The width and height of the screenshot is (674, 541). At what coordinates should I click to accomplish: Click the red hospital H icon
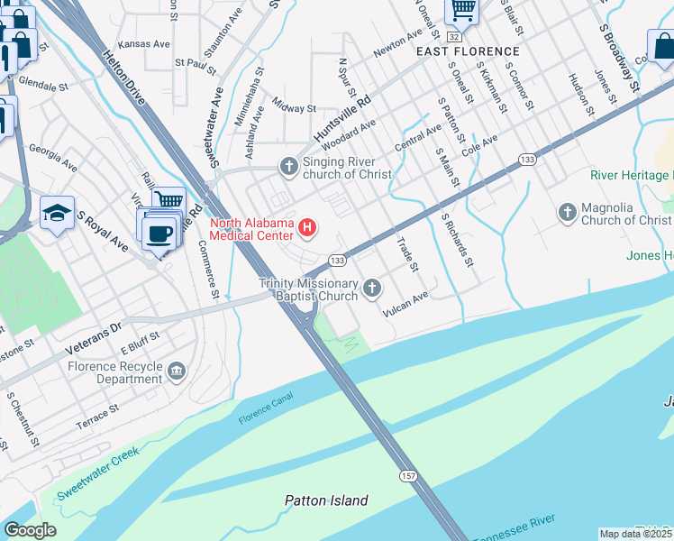tap(308, 226)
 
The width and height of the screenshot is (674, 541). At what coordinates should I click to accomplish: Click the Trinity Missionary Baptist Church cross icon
tap(371, 289)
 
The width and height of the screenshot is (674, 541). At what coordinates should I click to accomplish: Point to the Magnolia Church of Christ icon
tap(567, 213)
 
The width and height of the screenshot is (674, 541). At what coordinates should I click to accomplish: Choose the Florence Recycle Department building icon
tap(176, 368)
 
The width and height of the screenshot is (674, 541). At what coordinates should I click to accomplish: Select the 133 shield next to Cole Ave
tap(528, 160)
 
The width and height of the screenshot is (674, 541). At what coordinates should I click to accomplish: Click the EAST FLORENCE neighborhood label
tap(468, 52)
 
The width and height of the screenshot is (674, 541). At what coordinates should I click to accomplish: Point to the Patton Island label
tap(326, 500)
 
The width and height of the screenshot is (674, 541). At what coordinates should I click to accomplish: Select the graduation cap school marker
tap(57, 214)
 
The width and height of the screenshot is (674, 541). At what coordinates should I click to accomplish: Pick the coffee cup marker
tap(159, 233)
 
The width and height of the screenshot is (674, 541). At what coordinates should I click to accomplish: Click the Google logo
tap(30, 530)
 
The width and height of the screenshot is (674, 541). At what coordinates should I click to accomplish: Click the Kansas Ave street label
tap(144, 43)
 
